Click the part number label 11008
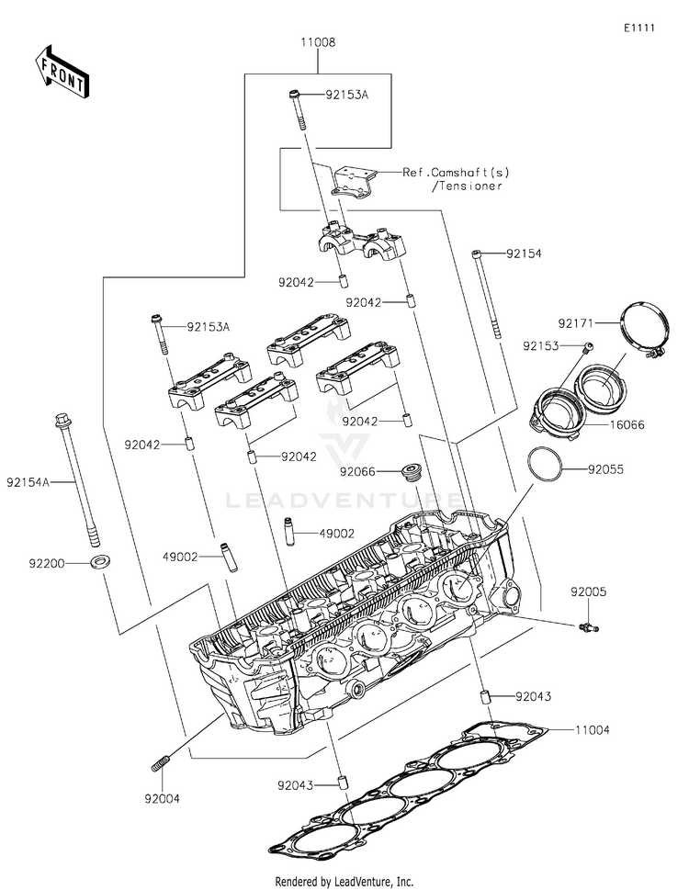318,42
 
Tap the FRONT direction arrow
62,73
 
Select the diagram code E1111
639,28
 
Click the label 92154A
28,482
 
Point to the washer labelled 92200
100,562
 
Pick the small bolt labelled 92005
589,627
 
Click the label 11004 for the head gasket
592,730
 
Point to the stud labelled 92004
161,763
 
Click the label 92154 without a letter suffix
524,253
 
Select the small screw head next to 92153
590,346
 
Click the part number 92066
357,472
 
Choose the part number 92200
47,564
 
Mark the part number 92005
589,592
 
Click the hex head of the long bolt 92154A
62,421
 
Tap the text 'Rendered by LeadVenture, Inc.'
344,882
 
